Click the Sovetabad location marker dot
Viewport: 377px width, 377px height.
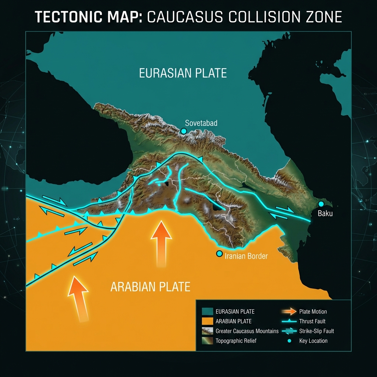(183, 131)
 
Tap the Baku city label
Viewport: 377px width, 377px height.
(325, 213)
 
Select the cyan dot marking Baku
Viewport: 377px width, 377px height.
(321, 204)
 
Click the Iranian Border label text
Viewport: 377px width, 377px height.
(246, 256)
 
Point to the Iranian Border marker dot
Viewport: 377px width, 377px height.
(219, 254)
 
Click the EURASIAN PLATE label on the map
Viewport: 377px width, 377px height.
(183, 73)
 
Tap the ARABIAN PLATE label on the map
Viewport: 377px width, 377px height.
(150, 286)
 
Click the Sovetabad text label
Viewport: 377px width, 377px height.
(201, 123)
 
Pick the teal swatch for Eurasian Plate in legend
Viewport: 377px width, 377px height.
(208, 312)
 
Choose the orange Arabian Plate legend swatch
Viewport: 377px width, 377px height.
(208, 321)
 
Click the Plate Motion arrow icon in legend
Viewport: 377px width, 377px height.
(289, 312)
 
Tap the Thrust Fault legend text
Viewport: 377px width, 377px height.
(312, 321)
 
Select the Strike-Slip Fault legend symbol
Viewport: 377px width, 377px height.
(289, 331)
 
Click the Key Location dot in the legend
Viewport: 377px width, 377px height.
(289, 341)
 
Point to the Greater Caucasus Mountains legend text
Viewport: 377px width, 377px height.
(247, 331)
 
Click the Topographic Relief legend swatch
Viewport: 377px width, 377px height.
(208, 341)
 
